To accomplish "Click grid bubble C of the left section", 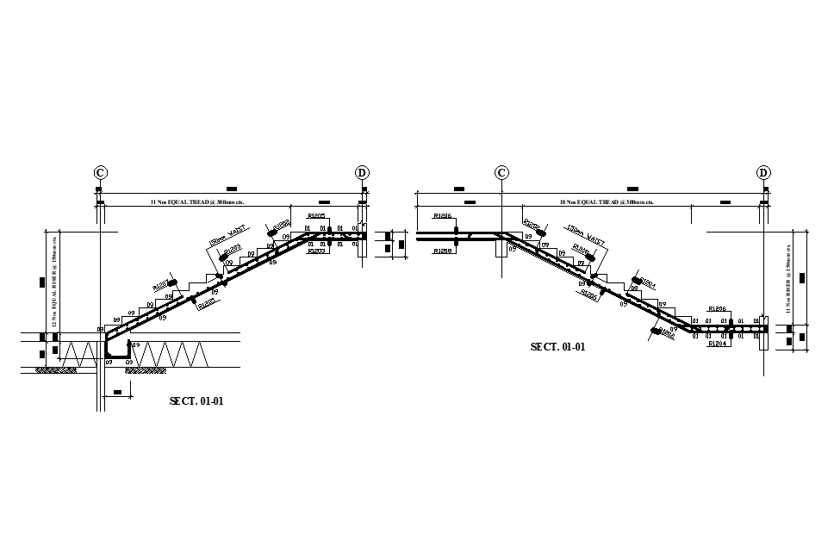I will coord(101,173).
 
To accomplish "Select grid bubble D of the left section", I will coord(362,173).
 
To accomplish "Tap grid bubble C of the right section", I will coord(501,173).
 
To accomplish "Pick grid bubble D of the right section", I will coord(763,173).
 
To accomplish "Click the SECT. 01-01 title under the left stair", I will coord(196,400).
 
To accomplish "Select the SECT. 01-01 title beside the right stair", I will coord(557,346).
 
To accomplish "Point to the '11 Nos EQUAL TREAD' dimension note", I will coord(197,202).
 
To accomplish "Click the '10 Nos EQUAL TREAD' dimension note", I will coord(607,202).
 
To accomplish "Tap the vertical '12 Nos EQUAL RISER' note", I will coord(54,280).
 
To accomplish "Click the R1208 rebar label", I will coord(443,251).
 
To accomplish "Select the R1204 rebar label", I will coord(718,343).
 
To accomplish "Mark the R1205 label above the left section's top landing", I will coord(316,215).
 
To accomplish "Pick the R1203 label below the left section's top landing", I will coord(316,251).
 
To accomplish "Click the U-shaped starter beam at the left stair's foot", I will coord(118,349).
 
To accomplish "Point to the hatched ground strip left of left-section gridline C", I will coord(56,370).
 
